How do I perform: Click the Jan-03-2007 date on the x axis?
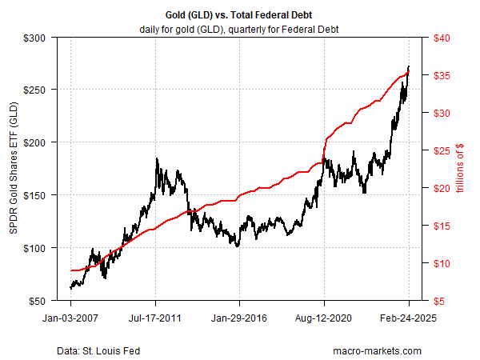[70, 317]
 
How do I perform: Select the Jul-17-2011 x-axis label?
[155, 317]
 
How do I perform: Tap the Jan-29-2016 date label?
[240, 317]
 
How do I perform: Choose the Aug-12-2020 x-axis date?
[324, 317]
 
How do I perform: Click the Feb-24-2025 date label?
[409, 317]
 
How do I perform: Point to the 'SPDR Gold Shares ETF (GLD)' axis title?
[14, 170]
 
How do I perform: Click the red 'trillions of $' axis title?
[463, 170]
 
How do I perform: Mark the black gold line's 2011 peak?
[157, 159]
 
